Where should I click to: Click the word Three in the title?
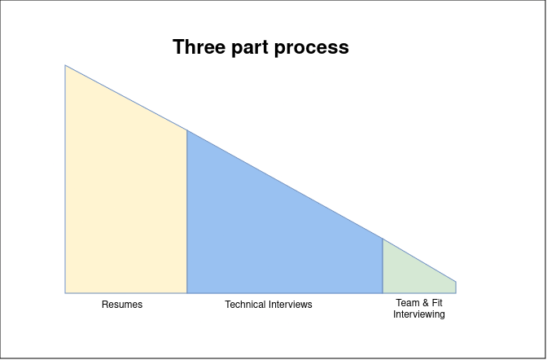tap(199, 46)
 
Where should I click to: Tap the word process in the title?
tap(312, 49)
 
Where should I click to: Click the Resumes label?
tap(122, 305)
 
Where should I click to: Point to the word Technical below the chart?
tap(245, 305)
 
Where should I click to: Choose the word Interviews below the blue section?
tap(291, 305)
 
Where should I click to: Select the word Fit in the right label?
tap(437, 303)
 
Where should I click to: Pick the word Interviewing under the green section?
tap(419, 314)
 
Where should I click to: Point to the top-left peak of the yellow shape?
tap(65, 65)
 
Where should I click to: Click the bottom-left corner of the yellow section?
tap(65, 293)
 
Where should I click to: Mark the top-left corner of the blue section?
tap(187, 130)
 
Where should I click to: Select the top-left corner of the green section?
tap(383, 239)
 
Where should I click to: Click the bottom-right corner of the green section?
tap(456, 293)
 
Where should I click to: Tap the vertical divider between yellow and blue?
tap(187, 212)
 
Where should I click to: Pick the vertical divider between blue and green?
tap(383, 266)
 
